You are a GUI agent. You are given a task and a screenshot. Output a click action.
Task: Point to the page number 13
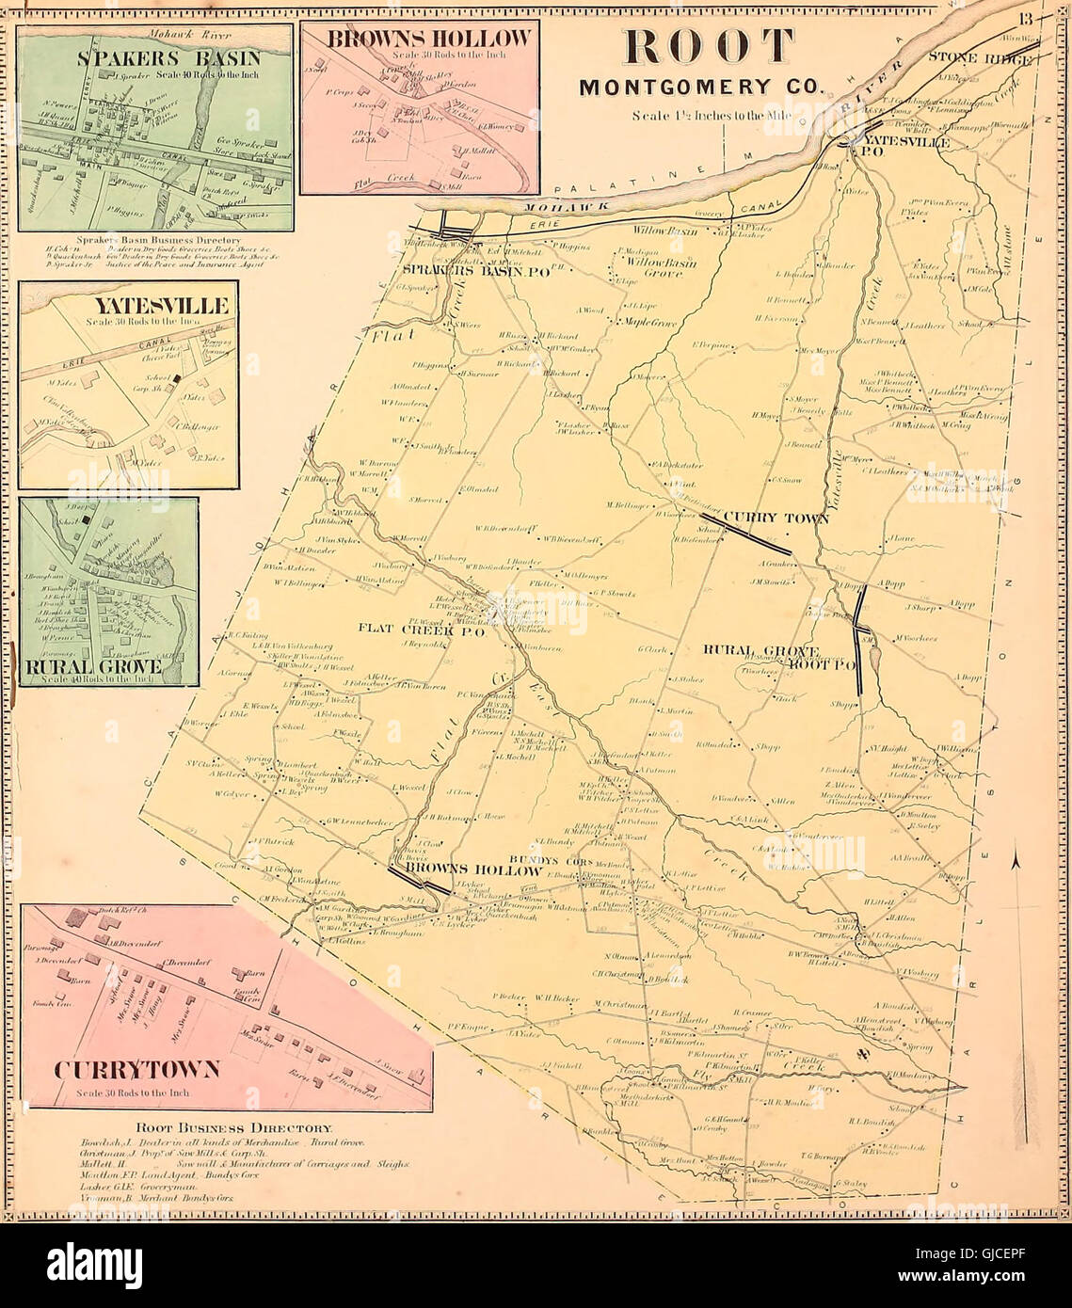[1025, 20]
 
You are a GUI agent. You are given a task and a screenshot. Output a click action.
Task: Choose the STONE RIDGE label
[983, 57]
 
